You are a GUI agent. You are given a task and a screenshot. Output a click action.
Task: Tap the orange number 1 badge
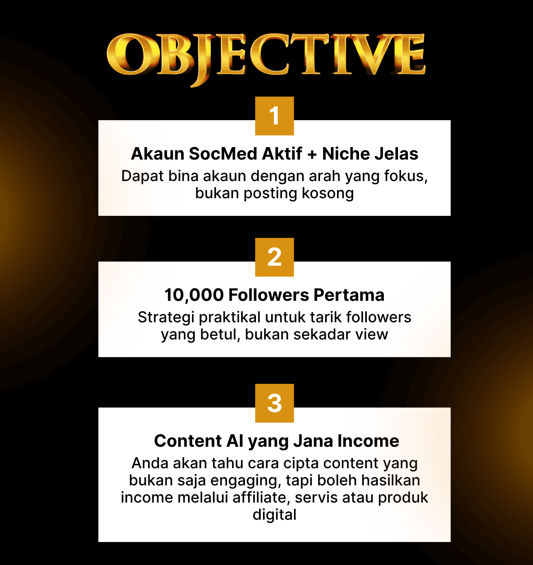274,116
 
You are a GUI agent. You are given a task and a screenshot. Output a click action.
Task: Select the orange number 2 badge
274,257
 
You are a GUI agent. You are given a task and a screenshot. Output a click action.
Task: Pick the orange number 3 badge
274,403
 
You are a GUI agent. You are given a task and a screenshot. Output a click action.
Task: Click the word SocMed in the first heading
223,154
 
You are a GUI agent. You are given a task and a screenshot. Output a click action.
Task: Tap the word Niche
346,154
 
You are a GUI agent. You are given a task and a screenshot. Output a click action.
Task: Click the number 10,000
194,295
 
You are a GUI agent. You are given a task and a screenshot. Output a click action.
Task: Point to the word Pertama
349,295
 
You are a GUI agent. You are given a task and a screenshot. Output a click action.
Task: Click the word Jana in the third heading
313,441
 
